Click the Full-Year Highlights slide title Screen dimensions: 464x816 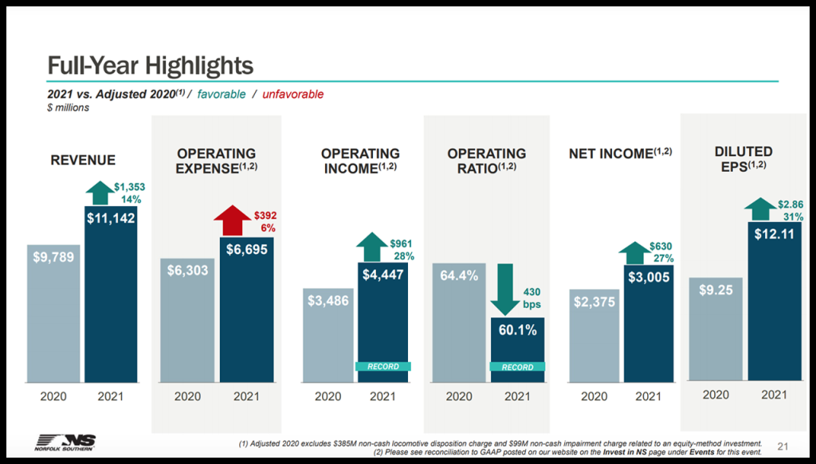pos(151,64)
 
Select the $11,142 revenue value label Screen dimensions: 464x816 pos(111,218)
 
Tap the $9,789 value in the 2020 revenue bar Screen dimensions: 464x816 pos(53,257)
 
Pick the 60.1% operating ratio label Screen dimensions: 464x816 pos(517,329)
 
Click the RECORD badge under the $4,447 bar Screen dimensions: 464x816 pos(382,367)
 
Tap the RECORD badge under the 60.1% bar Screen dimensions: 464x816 pos(517,367)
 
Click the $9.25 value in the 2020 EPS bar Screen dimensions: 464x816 pos(716,290)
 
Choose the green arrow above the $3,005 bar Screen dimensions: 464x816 pos(634,252)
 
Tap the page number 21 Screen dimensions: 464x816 pos(782,445)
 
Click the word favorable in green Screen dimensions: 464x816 pos(222,94)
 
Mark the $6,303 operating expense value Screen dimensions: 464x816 pos(187,271)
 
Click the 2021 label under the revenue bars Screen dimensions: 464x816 pos(111,396)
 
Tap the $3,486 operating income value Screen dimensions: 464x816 pos(328,301)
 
